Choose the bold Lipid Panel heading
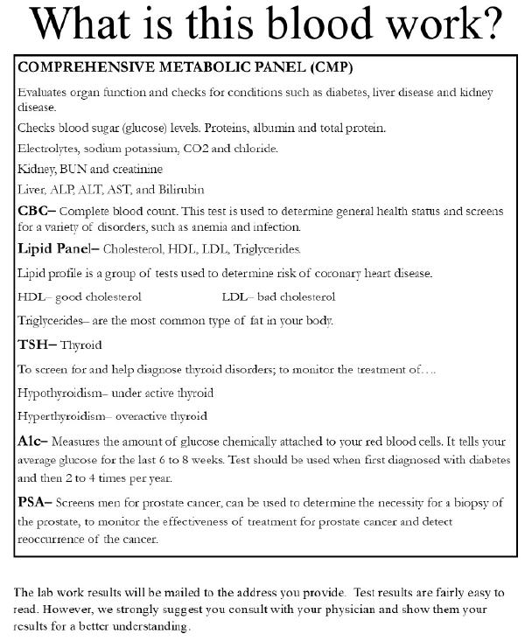coord(54,248)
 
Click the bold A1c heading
coord(32,440)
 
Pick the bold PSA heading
coord(34,502)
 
